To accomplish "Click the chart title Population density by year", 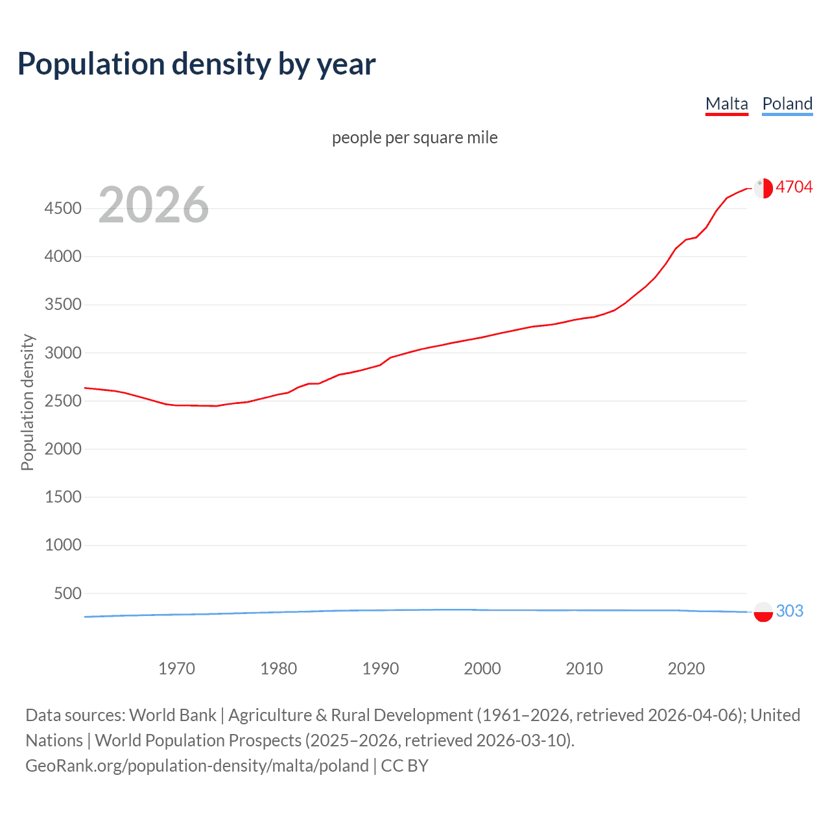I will [x=196, y=64].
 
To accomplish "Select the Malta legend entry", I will [x=726, y=104].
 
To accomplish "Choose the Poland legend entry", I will [x=787, y=104].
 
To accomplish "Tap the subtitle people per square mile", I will [x=414, y=137].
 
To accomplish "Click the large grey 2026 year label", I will [x=154, y=205].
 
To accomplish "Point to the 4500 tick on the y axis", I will [x=63, y=208].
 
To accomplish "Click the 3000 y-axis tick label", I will [x=63, y=353].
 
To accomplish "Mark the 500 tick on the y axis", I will [x=68, y=593].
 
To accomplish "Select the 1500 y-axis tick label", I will [x=63, y=497].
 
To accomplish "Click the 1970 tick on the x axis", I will [x=176, y=669].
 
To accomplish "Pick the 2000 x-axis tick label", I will [x=482, y=669].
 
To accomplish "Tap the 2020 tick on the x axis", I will [x=686, y=669].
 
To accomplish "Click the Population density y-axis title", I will [x=27, y=402].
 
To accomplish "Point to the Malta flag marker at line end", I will [x=763, y=188].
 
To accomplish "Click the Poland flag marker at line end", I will [x=763, y=611].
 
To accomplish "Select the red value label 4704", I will [x=794, y=187].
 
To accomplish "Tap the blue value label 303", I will [x=789, y=611].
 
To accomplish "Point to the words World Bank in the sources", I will [x=172, y=715].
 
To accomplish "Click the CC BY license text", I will [x=405, y=766].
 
